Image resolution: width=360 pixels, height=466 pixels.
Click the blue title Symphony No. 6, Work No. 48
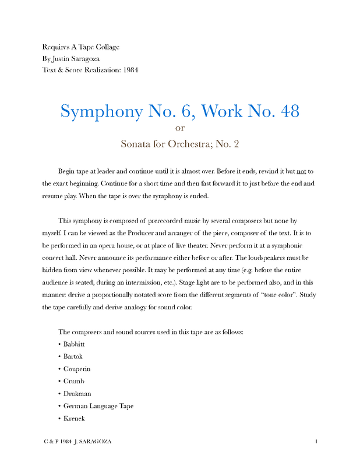[x=180, y=111]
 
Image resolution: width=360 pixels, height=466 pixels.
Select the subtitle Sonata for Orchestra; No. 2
[x=180, y=143]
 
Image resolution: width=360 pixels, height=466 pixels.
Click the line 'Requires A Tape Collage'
[x=81, y=47]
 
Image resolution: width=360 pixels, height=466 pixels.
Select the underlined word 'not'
[x=302, y=171]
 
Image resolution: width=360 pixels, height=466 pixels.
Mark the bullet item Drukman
[x=77, y=394]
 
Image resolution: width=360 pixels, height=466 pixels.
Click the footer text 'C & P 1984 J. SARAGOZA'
[x=77, y=442]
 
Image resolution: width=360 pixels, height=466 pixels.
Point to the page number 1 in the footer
[x=316, y=442]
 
